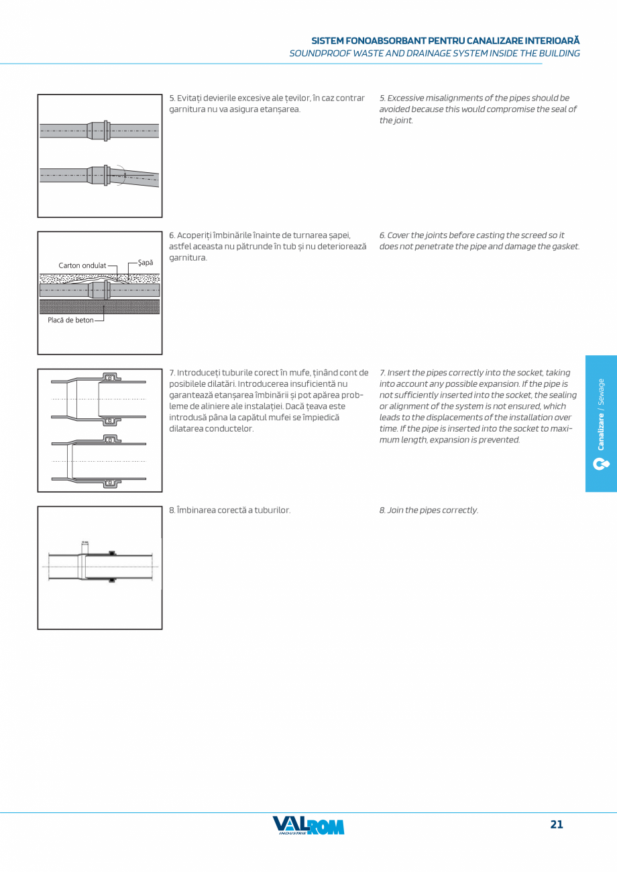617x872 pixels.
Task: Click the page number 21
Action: [x=557, y=824]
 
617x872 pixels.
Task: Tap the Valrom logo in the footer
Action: [x=308, y=826]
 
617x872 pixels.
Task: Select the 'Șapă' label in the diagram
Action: [x=146, y=262]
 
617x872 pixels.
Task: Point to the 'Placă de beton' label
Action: [x=70, y=320]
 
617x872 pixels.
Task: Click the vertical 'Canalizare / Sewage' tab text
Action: [x=601, y=414]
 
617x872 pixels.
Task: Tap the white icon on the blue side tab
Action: [x=601, y=463]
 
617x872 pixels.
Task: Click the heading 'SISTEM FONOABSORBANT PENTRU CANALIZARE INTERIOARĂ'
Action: [x=445, y=41]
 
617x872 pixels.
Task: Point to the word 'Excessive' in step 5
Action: [x=406, y=98]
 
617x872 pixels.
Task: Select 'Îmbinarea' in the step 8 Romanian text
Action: [x=195, y=510]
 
